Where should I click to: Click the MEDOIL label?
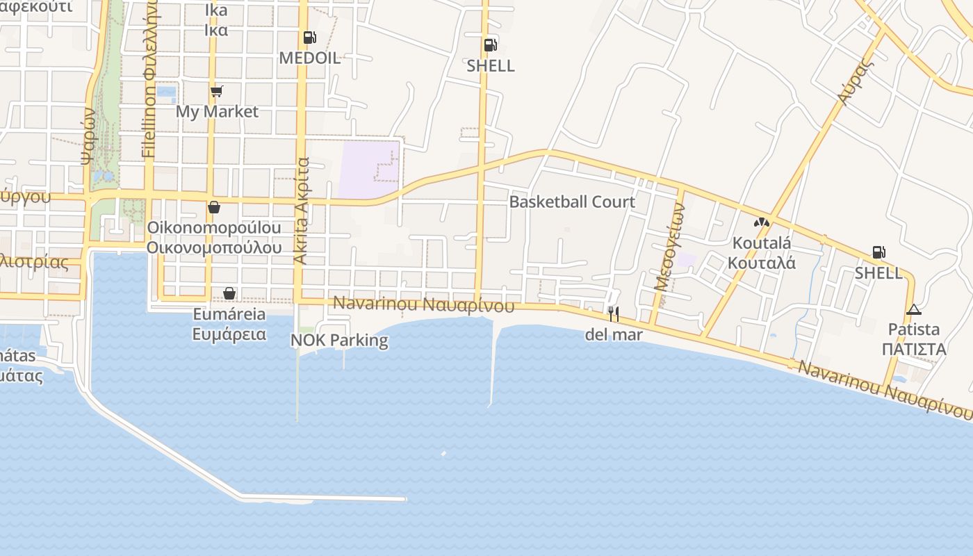(310, 58)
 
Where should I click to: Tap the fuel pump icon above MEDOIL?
(310, 38)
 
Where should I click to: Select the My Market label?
(217, 111)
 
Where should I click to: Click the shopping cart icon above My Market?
(217, 91)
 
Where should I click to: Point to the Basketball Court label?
(572, 202)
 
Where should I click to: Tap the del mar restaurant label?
(614, 335)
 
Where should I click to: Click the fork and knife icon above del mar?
(613, 314)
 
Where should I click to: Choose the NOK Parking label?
(339, 341)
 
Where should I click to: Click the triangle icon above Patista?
(913, 309)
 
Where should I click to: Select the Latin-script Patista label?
(914, 329)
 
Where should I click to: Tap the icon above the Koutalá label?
(762, 223)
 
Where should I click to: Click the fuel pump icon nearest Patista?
(879, 252)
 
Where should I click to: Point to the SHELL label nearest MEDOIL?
(491, 66)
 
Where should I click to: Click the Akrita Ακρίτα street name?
(301, 211)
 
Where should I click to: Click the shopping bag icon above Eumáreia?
(229, 293)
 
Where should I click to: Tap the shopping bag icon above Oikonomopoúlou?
(214, 207)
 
